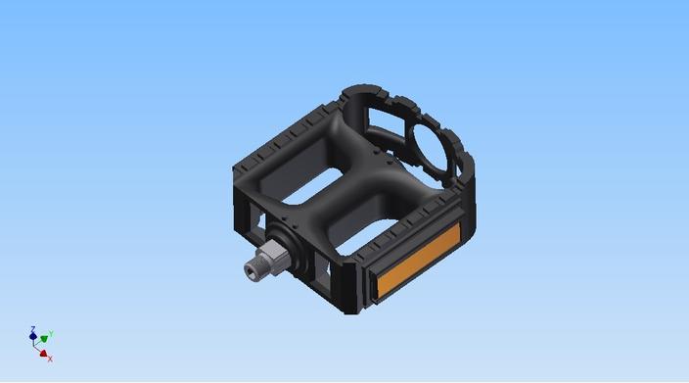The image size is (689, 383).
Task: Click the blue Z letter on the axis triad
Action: pyautogui.click(x=32, y=329)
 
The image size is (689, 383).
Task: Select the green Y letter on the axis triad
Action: pyautogui.click(x=51, y=335)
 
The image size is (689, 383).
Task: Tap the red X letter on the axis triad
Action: pyautogui.click(x=50, y=359)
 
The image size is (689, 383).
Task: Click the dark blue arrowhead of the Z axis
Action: pyautogui.click(x=32, y=337)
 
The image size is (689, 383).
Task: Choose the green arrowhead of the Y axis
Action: pyautogui.click(x=44, y=339)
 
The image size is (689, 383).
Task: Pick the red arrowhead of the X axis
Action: pyautogui.click(x=43, y=354)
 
